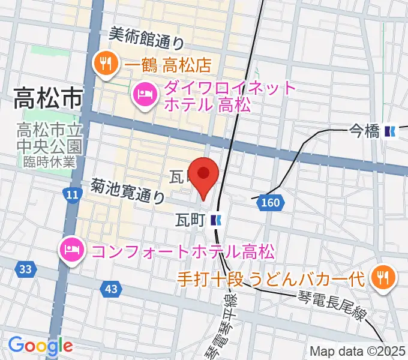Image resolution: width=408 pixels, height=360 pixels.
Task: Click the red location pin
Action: point(204,175)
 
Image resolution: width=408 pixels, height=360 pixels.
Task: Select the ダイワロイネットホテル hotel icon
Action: point(144,94)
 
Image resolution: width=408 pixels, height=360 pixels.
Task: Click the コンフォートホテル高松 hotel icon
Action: point(71,248)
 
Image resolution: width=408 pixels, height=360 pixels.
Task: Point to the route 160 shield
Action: point(271,203)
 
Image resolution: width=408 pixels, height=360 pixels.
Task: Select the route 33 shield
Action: point(25,270)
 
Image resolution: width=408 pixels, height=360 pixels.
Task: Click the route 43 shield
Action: point(110,289)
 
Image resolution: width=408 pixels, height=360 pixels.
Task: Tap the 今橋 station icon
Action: point(392,131)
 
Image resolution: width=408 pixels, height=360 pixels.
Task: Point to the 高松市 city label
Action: point(47,97)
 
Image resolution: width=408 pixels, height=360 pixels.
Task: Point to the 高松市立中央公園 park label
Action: point(49,137)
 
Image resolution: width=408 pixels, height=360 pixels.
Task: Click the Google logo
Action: point(40,346)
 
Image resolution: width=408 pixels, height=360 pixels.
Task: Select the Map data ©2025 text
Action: point(358,351)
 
